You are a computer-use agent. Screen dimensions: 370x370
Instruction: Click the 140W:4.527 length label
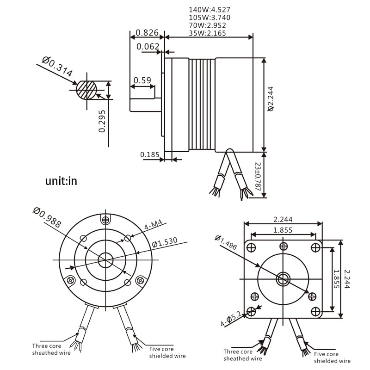coord(210,10)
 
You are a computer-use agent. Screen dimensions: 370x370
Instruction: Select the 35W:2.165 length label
coord(210,33)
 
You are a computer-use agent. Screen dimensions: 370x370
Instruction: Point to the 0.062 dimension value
coord(148,47)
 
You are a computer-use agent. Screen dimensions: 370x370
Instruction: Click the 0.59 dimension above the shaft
coord(142,80)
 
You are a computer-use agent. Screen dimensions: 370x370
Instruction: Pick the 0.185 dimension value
coord(149,154)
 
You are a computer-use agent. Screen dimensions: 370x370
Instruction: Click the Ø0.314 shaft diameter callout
coord(57,66)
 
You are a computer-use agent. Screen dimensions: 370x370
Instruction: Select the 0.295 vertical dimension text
coord(102,121)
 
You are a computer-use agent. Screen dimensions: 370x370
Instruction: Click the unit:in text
coord(61,181)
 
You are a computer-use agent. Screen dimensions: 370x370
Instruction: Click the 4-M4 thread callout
coord(153,225)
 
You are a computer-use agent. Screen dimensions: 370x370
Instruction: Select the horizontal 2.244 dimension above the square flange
coord(283,220)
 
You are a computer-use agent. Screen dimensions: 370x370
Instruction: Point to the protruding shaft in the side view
coord(145,105)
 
